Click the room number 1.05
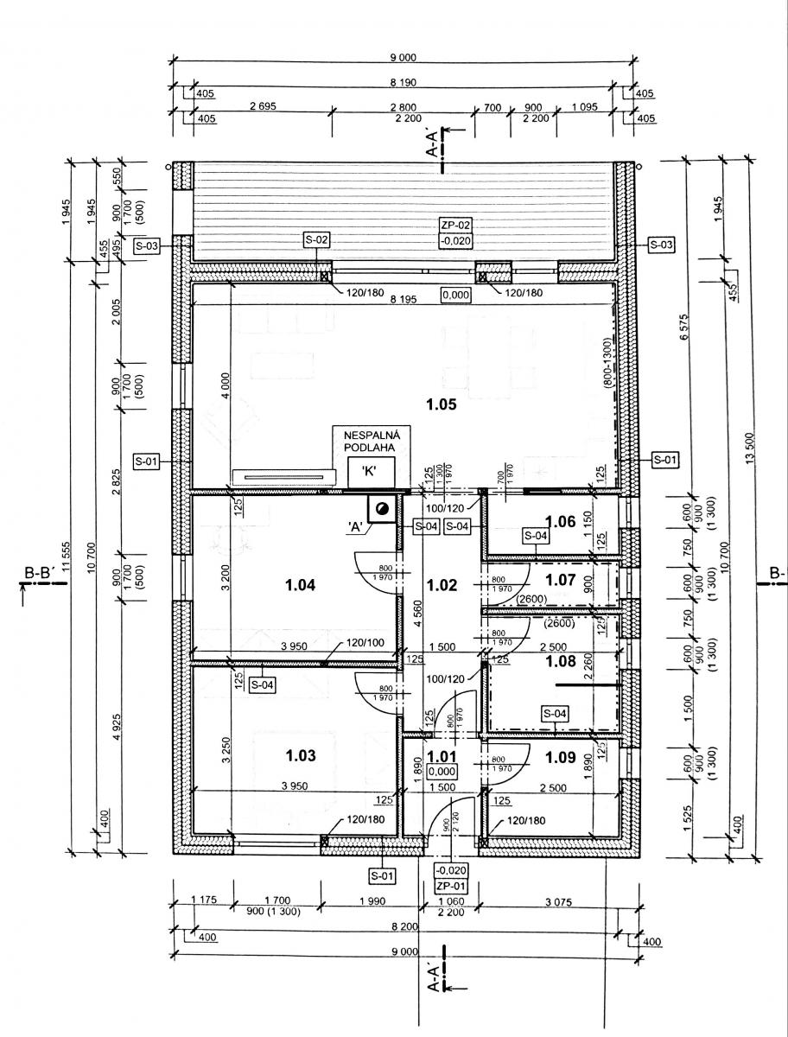[x=441, y=403]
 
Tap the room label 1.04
[x=300, y=585]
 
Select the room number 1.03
[x=300, y=754]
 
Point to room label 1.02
[x=442, y=585]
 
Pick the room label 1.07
[x=560, y=578]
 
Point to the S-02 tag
[x=316, y=239]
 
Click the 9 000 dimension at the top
[x=403, y=58]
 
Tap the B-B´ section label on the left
[x=41, y=572]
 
